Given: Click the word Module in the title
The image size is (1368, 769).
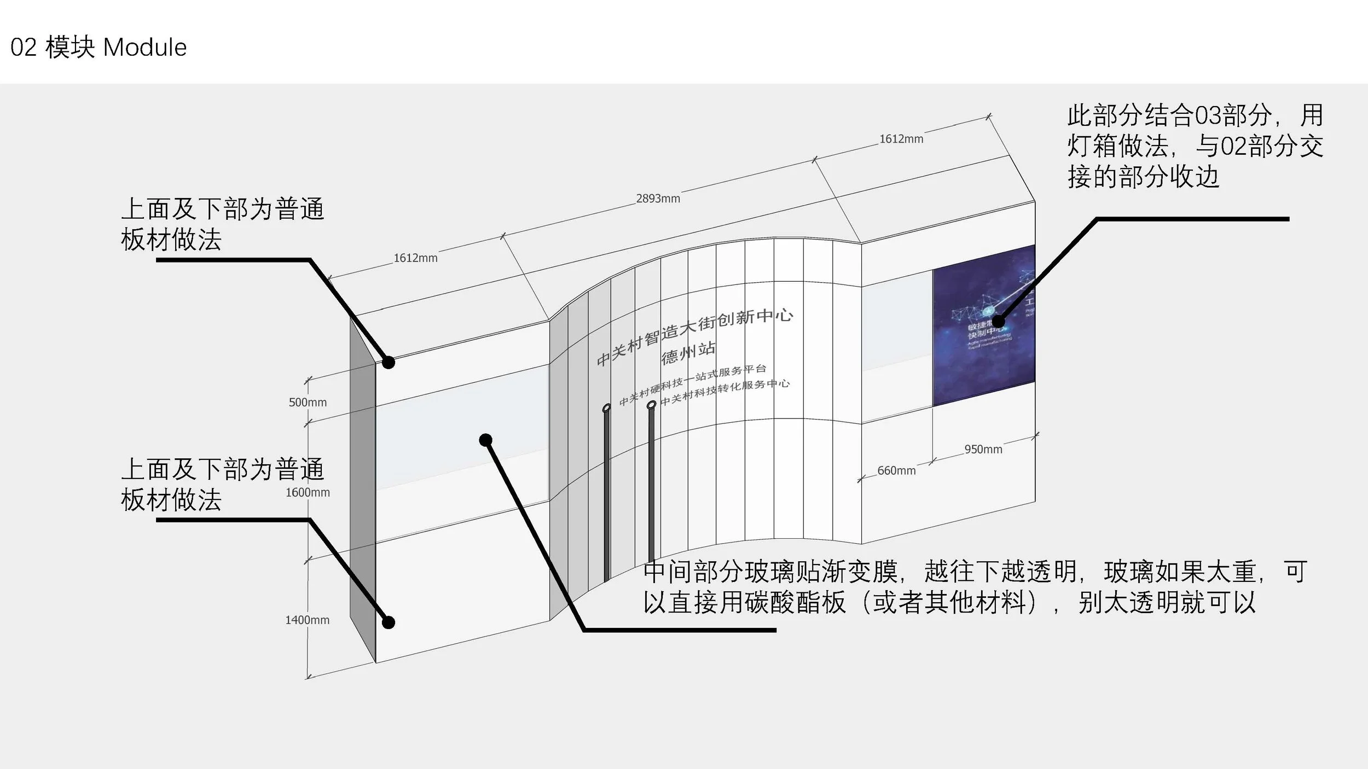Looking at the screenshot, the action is click(145, 48).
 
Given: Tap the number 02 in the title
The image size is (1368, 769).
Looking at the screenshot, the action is click(24, 48).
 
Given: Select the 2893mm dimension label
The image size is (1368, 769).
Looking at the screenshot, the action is click(658, 199).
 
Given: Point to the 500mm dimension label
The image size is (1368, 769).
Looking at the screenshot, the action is click(308, 403).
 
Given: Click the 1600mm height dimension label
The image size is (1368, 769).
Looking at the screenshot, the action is click(308, 492).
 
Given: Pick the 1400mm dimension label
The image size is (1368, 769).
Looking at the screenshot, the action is click(307, 620).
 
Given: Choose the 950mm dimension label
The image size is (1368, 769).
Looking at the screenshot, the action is click(983, 450).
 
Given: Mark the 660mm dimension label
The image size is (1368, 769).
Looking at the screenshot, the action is click(896, 470).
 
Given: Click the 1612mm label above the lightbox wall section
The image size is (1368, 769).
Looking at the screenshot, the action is click(901, 139).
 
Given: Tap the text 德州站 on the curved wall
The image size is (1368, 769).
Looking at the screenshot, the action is click(688, 352).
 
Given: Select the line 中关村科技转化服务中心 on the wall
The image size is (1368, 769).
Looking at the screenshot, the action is click(725, 392).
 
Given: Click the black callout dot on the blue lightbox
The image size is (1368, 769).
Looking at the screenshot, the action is click(999, 322).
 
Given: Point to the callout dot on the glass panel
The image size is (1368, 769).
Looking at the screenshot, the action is click(485, 440).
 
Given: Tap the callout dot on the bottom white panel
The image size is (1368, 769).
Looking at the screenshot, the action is click(389, 622).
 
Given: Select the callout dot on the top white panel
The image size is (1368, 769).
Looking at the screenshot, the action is click(389, 362).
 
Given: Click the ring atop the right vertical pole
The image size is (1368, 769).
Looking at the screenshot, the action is click(651, 405).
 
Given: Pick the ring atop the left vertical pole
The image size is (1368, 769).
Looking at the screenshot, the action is click(606, 408).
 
